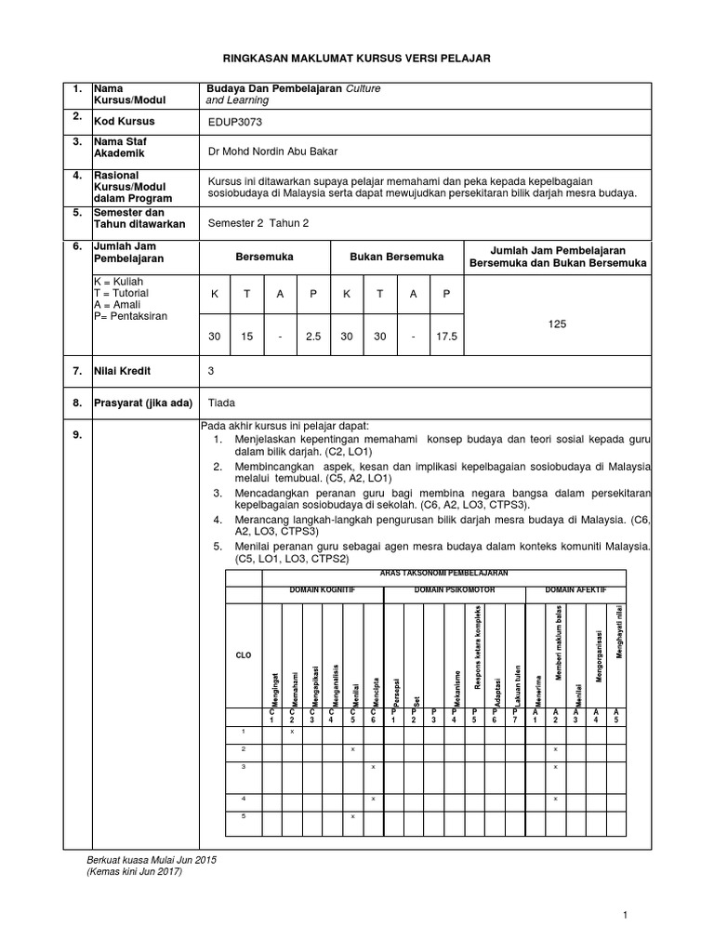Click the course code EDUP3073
[x=236, y=121]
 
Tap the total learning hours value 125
[x=557, y=324]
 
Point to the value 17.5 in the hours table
[x=447, y=337]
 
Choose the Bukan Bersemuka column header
[x=396, y=256]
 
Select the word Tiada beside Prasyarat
[x=222, y=403]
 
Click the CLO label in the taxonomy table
[x=244, y=655]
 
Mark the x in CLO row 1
[x=291, y=733]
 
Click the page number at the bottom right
[x=627, y=917]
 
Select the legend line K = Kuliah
[x=118, y=280]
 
